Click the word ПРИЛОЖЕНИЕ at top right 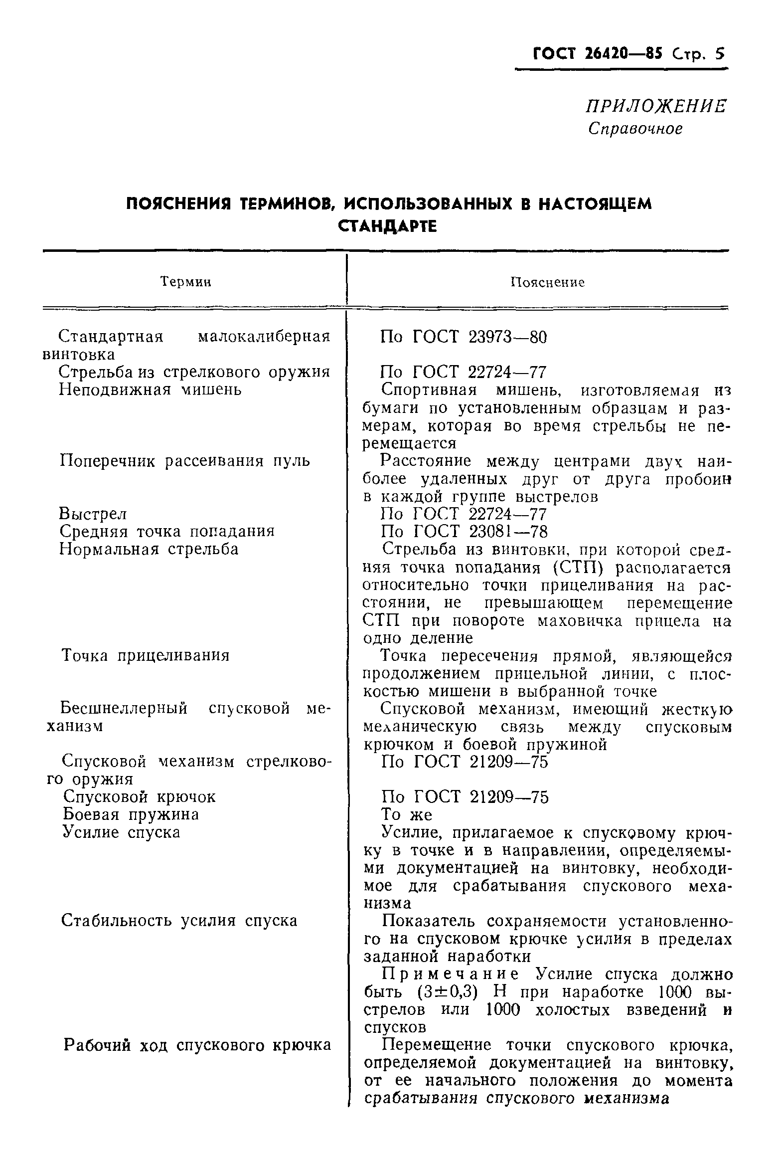click(x=656, y=106)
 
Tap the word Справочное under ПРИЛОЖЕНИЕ click(x=635, y=129)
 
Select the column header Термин click(x=186, y=282)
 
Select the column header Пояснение click(x=547, y=283)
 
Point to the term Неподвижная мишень click(x=150, y=389)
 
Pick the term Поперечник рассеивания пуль click(x=184, y=461)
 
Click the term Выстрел click(x=93, y=514)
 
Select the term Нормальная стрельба click(x=149, y=549)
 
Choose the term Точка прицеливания click(x=145, y=655)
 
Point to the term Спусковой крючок click(x=140, y=797)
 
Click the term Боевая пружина click(x=131, y=814)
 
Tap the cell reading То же click(x=406, y=815)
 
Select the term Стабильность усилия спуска click(x=179, y=921)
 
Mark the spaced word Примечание click(x=451, y=974)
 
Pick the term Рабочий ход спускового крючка click(x=197, y=1045)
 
